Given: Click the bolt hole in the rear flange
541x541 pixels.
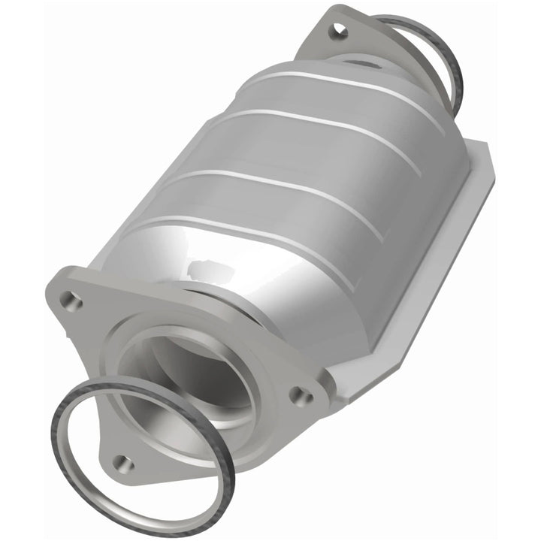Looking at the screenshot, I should pyautogui.click(x=338, y=30).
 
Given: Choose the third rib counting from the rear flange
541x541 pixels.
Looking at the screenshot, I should pyautogui.click(x=301, y=188).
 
